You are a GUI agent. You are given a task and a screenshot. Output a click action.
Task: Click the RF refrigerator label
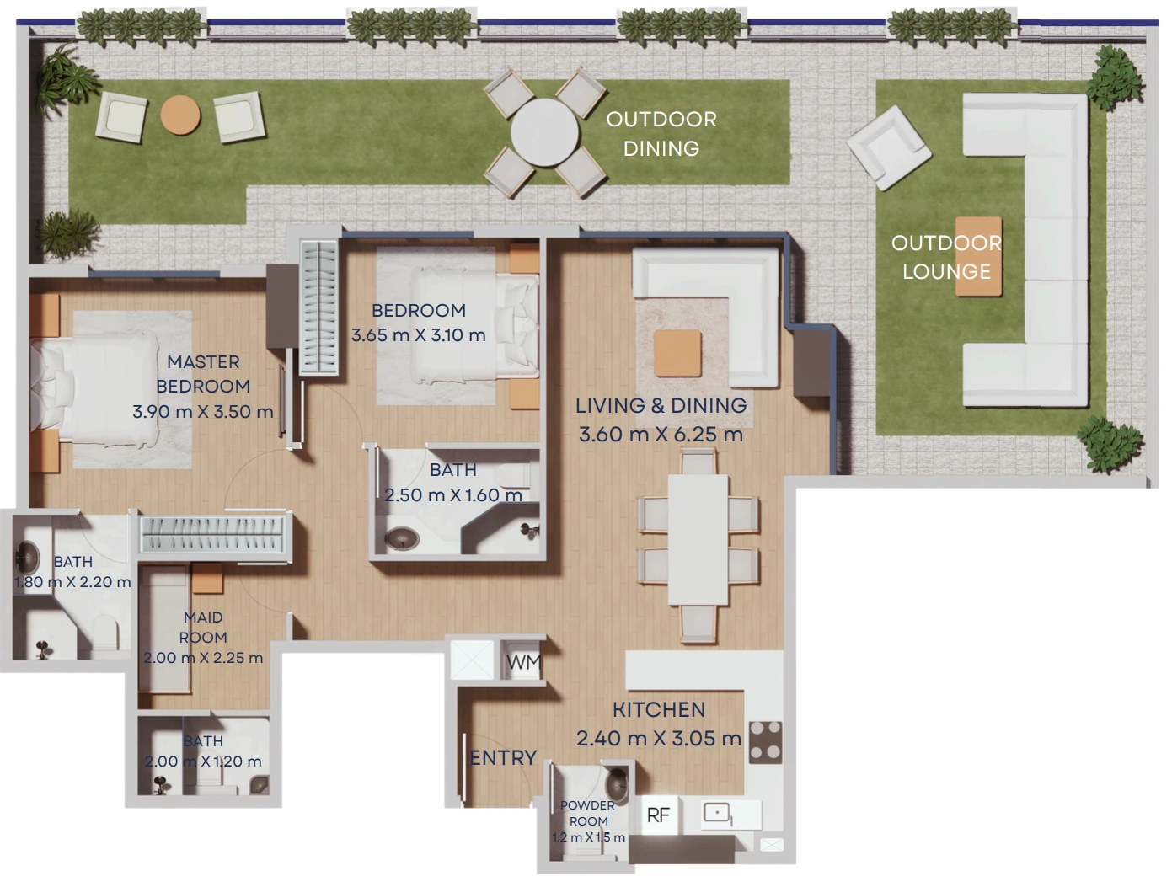[x=657, y=815]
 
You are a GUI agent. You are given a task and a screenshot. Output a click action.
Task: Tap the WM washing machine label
[x=524, y=662]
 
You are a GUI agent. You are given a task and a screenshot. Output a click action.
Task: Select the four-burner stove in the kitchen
[x=765, y=742]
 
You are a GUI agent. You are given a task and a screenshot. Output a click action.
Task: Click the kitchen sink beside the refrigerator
[x=716, y=813]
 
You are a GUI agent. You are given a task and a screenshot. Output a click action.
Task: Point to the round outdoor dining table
[x=544, y=132]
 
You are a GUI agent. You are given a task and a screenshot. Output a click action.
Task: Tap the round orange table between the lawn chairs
[x=180, y=115]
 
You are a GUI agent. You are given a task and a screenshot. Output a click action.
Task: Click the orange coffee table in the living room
[x=677, y=353]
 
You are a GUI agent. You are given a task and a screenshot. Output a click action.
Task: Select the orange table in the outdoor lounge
[x=978, y=256]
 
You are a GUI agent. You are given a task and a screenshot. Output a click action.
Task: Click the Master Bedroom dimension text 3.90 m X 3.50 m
[x=203, y=411]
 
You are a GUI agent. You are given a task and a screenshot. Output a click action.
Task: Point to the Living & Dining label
[x=661, y=406]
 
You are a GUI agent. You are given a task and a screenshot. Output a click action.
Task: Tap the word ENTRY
[x=503, y=758]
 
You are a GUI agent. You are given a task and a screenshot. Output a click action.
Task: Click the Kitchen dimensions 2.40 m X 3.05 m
[x=659, y=739]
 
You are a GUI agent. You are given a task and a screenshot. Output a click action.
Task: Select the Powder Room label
[x=588, y=813]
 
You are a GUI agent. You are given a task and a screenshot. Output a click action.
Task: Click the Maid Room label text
[x=203, y=627]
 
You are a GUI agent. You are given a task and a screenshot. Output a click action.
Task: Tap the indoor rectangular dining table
[x=698, y=540]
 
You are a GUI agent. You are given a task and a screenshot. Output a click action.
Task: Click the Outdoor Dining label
[x=661, y=134]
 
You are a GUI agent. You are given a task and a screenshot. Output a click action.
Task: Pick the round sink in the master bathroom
[x=29, y=558]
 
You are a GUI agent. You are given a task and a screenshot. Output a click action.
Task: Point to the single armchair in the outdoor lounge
[x=889, y=148]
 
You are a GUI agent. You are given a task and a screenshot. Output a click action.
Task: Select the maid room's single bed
[x=164, y=630]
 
